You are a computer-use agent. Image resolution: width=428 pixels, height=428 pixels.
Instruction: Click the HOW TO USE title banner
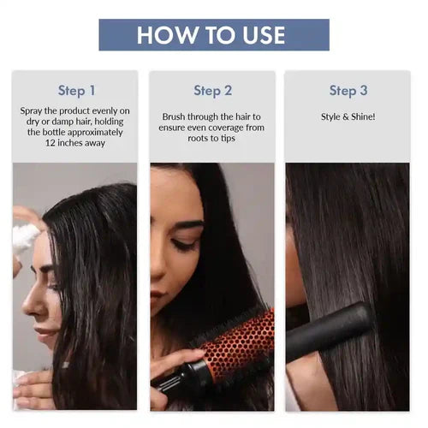(x=213, y=35)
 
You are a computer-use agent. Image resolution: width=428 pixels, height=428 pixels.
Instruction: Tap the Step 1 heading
(x=76, y=90)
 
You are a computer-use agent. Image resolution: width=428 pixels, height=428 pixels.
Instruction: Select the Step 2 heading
(x=212, y=90)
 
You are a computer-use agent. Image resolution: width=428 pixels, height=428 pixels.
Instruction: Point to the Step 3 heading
(x=348, y=90)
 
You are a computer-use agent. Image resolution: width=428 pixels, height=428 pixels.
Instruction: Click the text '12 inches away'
(x=75, y=143)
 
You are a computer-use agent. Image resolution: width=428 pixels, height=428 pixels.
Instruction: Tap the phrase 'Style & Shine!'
(x=348, y=116)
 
